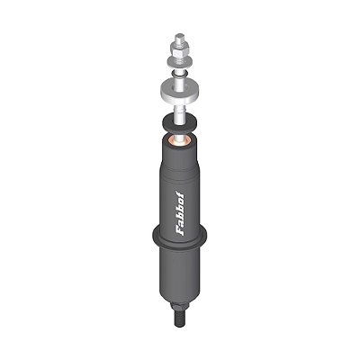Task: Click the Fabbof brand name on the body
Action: (180, 213)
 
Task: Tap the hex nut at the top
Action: (179, 48)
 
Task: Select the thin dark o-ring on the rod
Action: (179, 74)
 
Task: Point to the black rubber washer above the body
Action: (179, 122)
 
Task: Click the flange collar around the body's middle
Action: (179, 237)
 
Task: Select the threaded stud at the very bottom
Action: (179, 318)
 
